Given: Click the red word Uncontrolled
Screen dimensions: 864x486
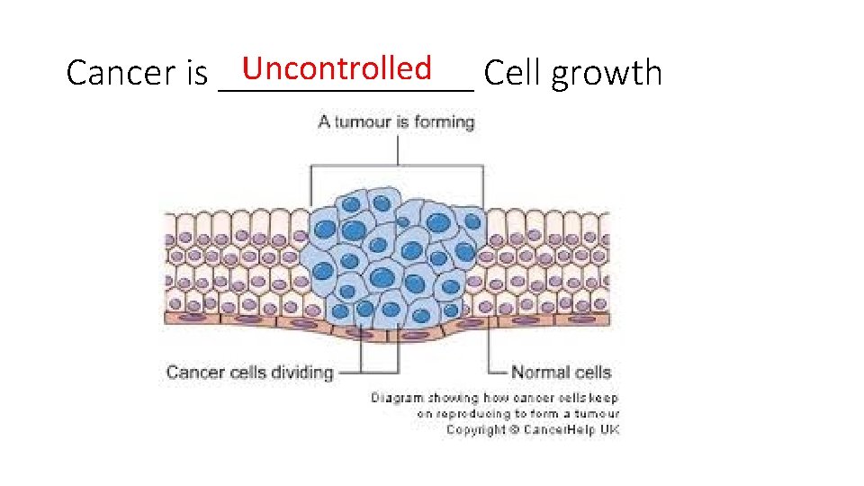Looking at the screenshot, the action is (337, 67).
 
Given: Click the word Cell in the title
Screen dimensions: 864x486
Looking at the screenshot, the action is (512, 73).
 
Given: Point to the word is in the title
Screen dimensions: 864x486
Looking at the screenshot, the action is (197, 73).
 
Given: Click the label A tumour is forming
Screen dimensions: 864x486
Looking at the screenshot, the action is (396, 121).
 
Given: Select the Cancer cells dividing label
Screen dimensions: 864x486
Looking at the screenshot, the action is (249, 372).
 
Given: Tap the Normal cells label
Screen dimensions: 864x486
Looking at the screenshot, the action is (561, 372).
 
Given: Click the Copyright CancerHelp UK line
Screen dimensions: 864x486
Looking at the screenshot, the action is (533, 429).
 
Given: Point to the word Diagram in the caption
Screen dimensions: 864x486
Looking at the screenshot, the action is (396, 398).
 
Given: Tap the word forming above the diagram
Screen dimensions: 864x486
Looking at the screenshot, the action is (444, 121).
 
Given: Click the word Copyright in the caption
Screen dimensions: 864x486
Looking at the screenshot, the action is (476, 429).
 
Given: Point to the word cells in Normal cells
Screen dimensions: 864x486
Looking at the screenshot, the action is (590, 372).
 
